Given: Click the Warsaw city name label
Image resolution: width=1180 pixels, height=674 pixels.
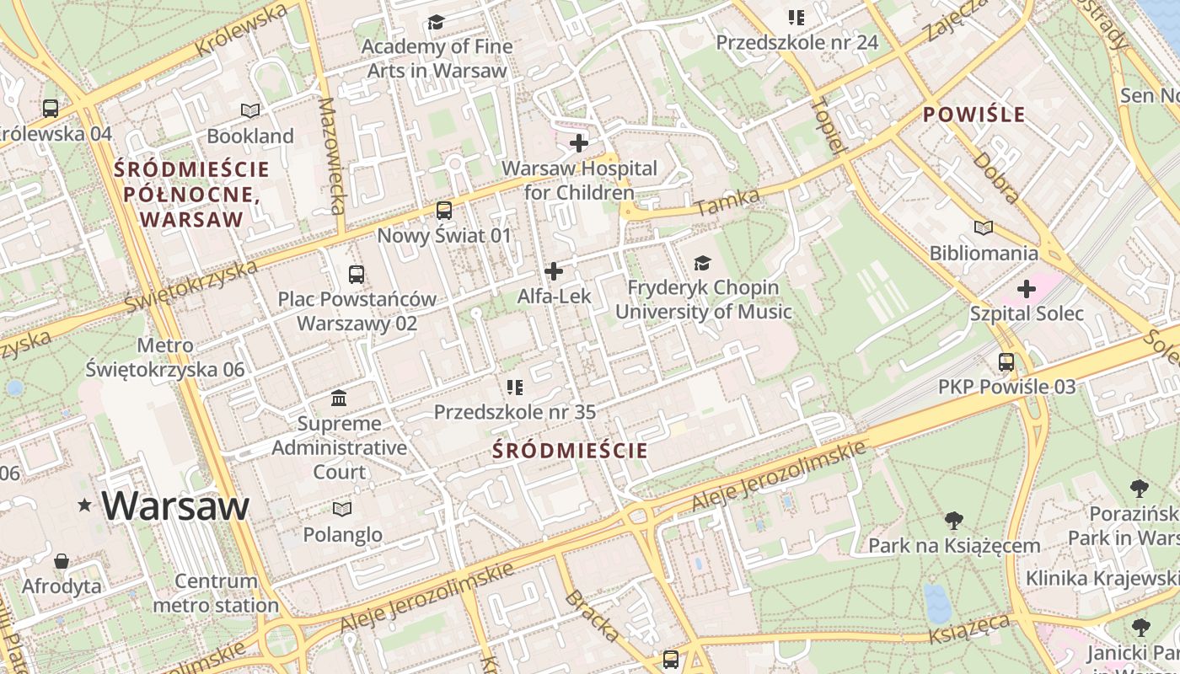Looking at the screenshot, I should point(175,505).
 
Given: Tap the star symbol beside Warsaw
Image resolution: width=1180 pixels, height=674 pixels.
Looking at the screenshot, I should point(84,505).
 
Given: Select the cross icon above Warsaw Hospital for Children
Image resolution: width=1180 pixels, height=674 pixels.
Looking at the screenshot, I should point(579,143).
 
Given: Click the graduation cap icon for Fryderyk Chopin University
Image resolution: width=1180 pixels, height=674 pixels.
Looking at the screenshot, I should point(702,264).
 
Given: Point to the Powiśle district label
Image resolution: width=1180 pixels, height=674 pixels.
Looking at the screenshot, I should point(973,115).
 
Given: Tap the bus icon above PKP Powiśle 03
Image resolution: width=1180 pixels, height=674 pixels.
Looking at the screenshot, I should point(1006,362).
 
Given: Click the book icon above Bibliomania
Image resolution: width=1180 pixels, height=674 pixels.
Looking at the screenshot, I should point(984,227).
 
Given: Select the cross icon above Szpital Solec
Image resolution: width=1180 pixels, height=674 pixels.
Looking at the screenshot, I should point(1026,289).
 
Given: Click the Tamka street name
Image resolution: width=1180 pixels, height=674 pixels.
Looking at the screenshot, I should point(728,202).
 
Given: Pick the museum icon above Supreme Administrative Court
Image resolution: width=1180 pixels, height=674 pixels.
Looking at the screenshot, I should point(339,398).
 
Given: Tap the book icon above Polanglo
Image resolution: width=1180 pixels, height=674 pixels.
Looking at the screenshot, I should point(341,509).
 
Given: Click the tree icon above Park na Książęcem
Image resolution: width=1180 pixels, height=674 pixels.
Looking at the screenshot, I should point(954,520).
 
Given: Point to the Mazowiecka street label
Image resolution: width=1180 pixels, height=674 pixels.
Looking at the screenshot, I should point(333,156).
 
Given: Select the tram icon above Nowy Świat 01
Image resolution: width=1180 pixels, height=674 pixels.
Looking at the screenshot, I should point(443,210).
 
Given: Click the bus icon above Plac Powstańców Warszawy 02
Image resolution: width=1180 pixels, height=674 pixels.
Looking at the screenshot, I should point(357,274).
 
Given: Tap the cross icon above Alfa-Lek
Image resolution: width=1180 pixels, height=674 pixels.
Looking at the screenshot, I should point(554,271).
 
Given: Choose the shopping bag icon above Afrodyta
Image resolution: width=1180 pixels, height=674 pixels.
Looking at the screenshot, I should point(62,560).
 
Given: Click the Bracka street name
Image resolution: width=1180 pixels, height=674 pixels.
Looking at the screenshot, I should point(592,616).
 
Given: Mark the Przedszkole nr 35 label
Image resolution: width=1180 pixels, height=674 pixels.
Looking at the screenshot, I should point(514,412).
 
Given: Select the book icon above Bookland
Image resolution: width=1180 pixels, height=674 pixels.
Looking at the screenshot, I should point(250,110).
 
